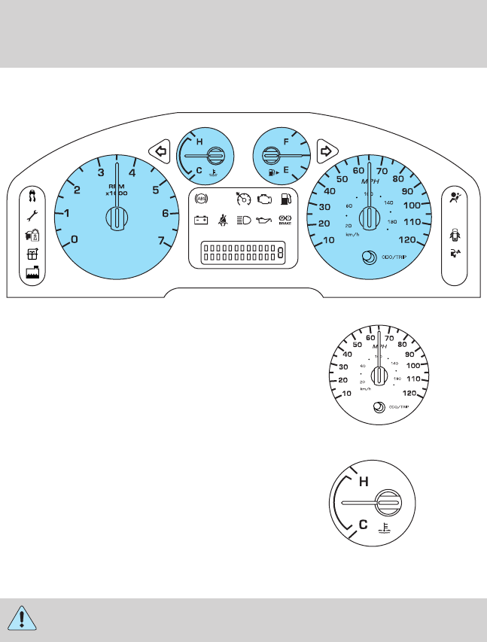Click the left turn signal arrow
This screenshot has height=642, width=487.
[159, 151]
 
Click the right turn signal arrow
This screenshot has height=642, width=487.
[326, 151]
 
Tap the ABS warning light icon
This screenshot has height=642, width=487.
[201, 199]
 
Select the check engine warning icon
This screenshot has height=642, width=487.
[263, 200]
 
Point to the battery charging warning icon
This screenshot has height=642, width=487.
[201, 221]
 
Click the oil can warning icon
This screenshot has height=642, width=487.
[263, 221]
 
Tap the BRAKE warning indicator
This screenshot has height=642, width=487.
[285, 221]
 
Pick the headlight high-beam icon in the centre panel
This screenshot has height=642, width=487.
[243, 221]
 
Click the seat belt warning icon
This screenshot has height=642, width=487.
[223, 221]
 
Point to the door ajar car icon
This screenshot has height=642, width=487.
[454, 233]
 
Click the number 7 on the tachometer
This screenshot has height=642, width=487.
[161, 240]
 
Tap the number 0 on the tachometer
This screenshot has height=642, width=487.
[74, 240]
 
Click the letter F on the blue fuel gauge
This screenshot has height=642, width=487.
[286, 141]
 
